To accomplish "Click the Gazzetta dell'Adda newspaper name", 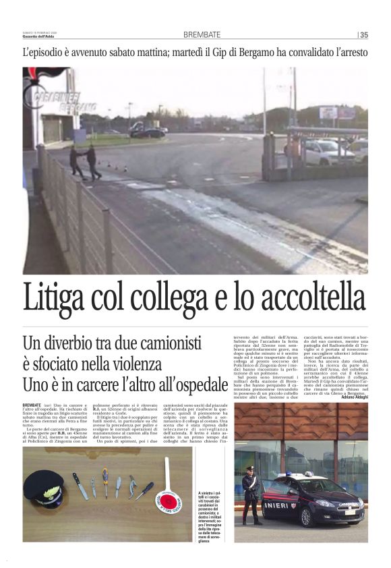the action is click(x=40, y=36).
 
